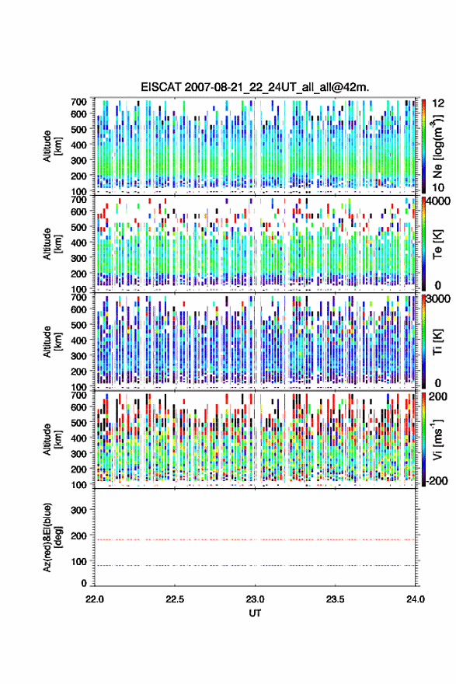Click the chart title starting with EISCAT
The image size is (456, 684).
(x=255, y=87)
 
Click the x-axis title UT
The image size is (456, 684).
(x=255, y=613)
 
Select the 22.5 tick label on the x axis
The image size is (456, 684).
(x=175, y=599)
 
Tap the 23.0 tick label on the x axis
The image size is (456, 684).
(x=255, y=599)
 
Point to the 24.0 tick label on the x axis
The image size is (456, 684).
(x=415, y=599)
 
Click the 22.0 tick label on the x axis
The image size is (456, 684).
(x=95, y=599)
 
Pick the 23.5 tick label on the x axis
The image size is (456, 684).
(x=336, y=599)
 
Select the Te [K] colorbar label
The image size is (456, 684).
(x=437, y=244)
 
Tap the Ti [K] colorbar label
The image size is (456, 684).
(x=437, y=342)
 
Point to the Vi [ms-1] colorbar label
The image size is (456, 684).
(x=437, y=439)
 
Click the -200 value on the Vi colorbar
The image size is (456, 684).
(x=437, y=480)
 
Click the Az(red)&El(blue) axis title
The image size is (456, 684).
(x=52, y=537)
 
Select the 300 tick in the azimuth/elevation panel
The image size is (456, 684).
(x=79, y=510)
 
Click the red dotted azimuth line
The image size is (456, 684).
(x=255, y=539)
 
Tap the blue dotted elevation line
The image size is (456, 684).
(x=255, y=565)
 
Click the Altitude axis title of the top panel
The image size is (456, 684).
(x=52, y=145)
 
